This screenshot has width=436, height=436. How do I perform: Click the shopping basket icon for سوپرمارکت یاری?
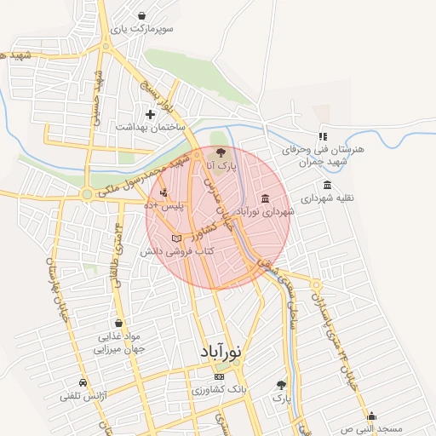[x=141, y=15]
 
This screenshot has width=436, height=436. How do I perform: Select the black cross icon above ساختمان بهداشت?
[x=150, y=113]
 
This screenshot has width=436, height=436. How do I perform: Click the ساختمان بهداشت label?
[x=152, y=126]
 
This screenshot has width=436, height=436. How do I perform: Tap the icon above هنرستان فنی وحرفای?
[x=324, y=136]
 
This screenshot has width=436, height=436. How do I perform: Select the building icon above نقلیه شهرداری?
[x=328, y=185]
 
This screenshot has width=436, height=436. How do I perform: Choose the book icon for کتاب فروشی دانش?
[x=176, y=238]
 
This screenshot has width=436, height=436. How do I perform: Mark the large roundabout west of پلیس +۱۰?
[x=87, y=194]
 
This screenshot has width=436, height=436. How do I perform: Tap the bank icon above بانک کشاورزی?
[x=220, y=376]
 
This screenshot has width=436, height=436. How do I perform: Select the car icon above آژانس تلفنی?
[x=82, y=382]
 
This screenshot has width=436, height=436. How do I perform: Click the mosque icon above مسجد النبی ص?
[x=371, y=416]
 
